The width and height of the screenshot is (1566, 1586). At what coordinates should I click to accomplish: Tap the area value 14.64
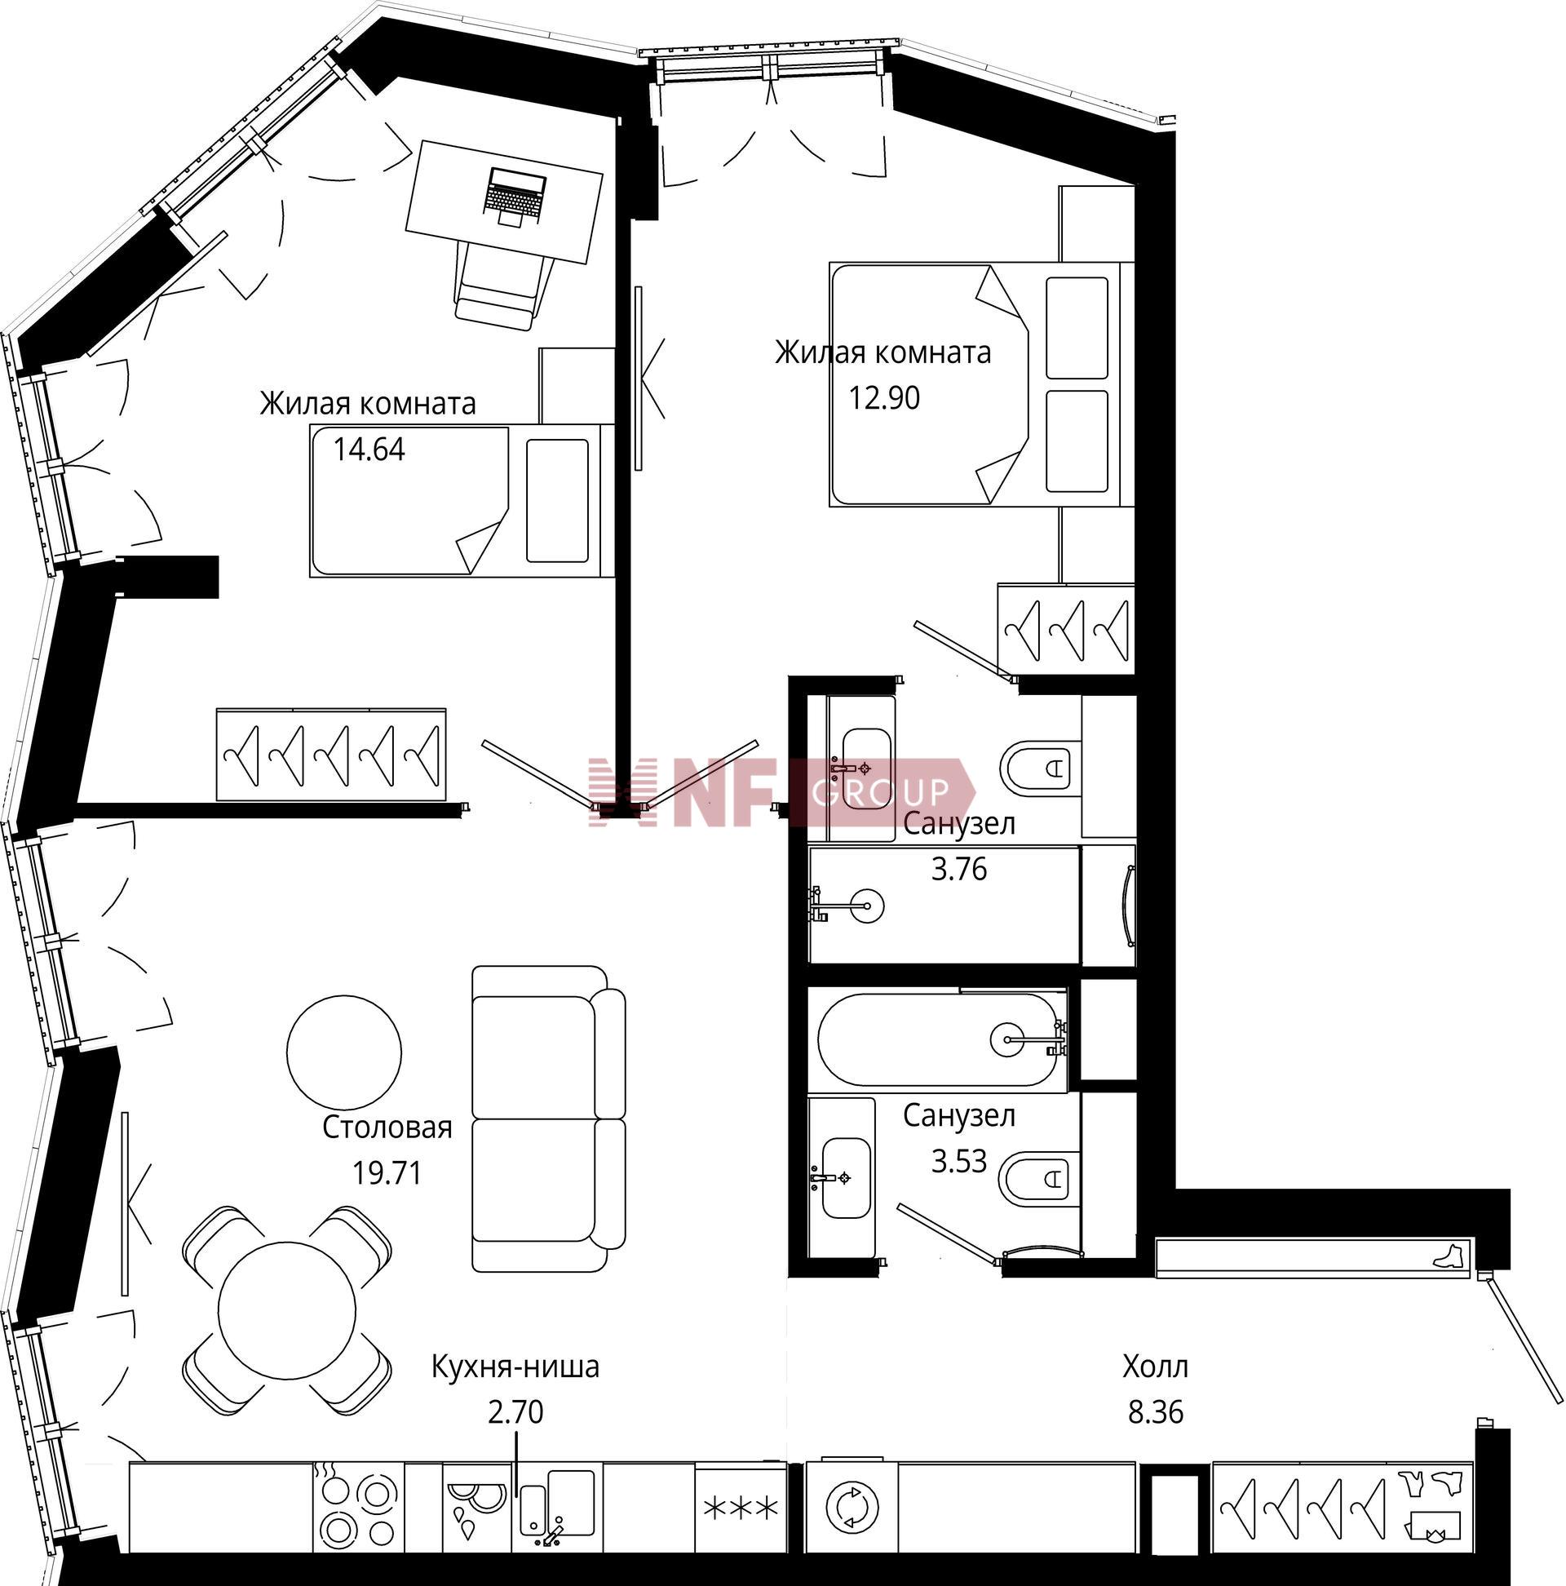click(369, 450)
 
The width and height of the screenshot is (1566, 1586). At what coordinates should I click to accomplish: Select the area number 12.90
click(884, 398)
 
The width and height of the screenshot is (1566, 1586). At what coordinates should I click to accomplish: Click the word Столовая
click(387, 1128)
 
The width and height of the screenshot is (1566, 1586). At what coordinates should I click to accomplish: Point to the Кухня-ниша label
click(515, 1367)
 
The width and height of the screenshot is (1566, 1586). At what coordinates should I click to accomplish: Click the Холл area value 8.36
click(1155, 1413)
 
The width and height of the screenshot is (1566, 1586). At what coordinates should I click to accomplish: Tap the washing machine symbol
click(853, 1508)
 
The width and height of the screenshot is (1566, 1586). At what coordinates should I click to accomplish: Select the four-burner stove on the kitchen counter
click(358, 1506)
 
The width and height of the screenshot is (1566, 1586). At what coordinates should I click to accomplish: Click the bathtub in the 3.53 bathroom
click(940, 1040)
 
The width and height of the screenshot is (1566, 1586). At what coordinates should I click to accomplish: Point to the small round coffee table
click(344, 1052)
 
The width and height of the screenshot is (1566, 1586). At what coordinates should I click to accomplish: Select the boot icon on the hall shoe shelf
click(1450, 1256)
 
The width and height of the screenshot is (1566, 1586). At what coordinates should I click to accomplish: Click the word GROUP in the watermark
click(880, 792)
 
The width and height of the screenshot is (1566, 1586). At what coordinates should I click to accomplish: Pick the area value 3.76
click(958, 869)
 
